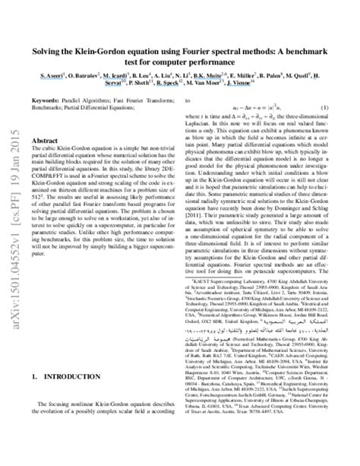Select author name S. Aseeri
[x=54, y=77]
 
